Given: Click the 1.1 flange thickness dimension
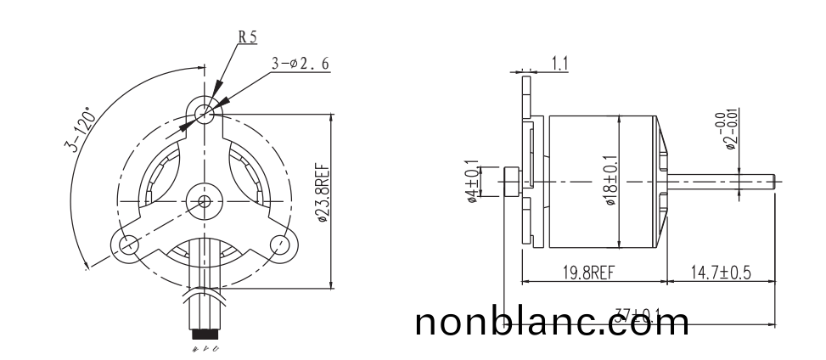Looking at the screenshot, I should point(561,62).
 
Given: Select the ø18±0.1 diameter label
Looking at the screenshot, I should point(610,182).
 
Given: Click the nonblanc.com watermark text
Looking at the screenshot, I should point(553,323).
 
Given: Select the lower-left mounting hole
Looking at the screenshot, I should point(128,245).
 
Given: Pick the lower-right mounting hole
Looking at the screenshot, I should point(279,245).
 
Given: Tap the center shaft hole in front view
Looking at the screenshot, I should point(204,201).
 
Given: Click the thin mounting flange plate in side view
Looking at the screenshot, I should point(526,161).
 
